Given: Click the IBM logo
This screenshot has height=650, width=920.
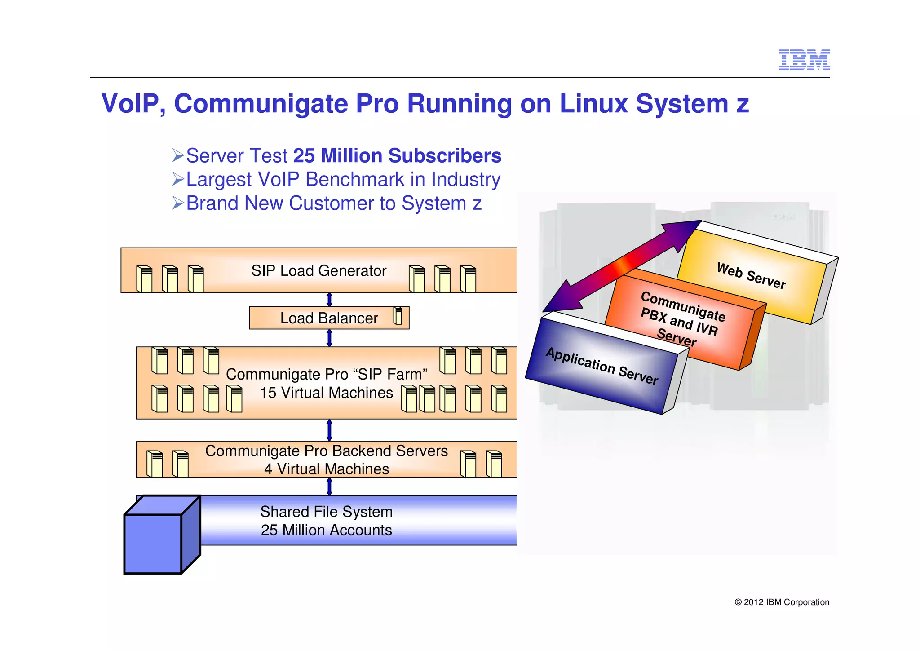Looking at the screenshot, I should coord(804,60).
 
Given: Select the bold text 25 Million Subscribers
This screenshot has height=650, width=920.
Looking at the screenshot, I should coord(397,156).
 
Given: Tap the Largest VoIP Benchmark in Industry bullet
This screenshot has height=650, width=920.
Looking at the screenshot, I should coord(343,179).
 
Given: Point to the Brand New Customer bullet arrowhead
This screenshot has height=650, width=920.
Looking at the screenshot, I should coord(178,203).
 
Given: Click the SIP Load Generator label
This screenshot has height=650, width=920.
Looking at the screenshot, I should coord(318,271).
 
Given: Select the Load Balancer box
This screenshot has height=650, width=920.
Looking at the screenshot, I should coord(329,318).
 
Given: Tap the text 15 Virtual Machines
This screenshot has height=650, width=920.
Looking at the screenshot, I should coord(327,393).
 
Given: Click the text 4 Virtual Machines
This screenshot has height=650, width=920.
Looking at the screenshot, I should coord(327,469).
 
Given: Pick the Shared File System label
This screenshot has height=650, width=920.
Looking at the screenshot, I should coord(327,512).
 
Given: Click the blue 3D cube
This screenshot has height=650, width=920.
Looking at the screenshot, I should coord(157,539).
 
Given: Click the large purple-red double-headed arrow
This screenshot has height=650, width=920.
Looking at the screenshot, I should coord(622,266).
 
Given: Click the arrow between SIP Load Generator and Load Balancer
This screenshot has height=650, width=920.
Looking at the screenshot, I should coord(329,300).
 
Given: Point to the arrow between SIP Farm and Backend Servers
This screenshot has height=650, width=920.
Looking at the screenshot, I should coord(329,430).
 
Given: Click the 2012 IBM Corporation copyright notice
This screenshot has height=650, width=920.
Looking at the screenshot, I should coord(782,602).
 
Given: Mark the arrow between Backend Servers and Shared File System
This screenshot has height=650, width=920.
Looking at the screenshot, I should coord(329,486).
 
